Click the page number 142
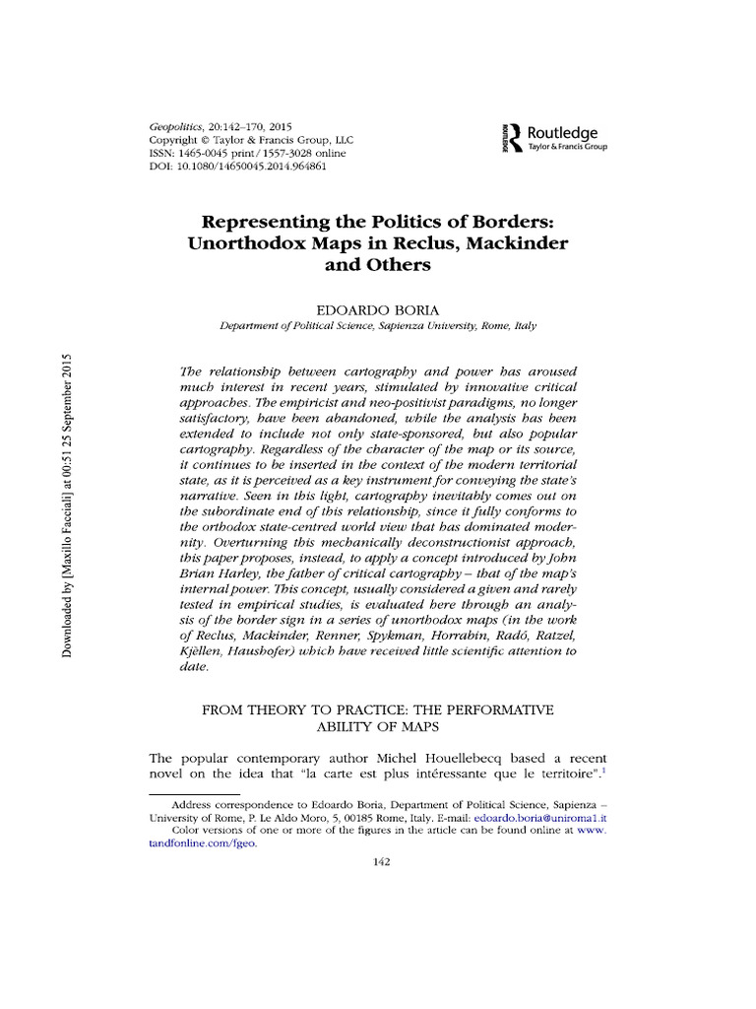(377, 863)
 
